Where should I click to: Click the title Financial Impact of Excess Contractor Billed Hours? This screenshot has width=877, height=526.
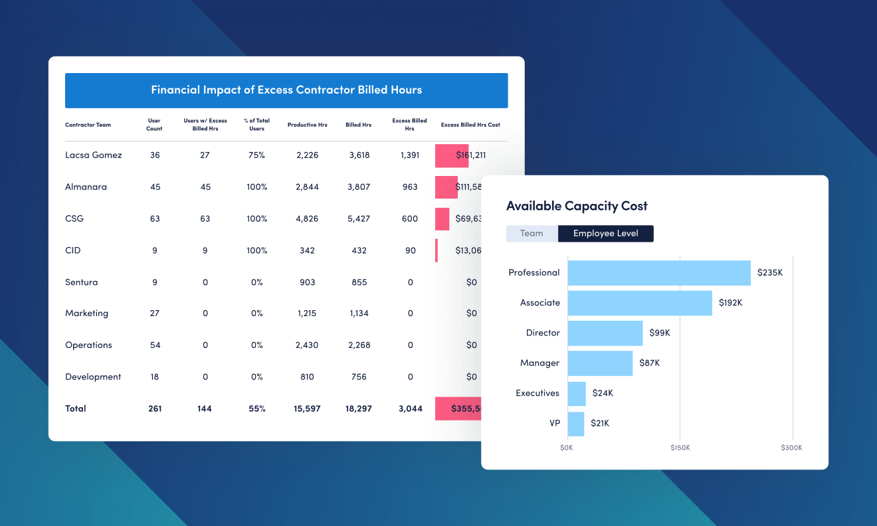(286, 90)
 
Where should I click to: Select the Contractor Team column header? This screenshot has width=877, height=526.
(88, 125)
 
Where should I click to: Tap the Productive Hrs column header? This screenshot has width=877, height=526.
(307, 125)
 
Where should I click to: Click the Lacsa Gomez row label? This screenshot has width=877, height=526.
(94, 155)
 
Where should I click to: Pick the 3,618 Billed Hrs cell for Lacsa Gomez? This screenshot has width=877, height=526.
(358, 155)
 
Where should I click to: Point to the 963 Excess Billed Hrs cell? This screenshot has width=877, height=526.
(410, 187)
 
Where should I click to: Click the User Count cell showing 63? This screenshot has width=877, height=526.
(155, 219)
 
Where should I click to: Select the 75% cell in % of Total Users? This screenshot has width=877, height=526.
(256, 155)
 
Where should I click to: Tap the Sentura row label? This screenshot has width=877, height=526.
(81, 282)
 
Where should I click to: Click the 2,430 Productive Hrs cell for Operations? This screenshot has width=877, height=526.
(307, 345)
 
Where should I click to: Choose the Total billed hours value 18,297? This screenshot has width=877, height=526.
(358, 409)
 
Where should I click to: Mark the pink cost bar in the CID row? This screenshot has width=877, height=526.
(437, 250)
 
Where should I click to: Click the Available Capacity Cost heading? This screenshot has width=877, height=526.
(577, 206)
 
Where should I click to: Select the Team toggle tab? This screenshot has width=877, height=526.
(532, 234)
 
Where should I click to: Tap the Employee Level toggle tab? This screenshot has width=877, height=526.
(605, 234)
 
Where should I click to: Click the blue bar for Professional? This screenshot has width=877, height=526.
(659, 273)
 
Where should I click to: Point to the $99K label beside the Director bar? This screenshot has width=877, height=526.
(660, 333)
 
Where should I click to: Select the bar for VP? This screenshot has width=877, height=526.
(576, 424)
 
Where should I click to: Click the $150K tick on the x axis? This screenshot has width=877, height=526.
(680, 448)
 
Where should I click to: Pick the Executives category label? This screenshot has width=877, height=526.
(537, 393)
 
